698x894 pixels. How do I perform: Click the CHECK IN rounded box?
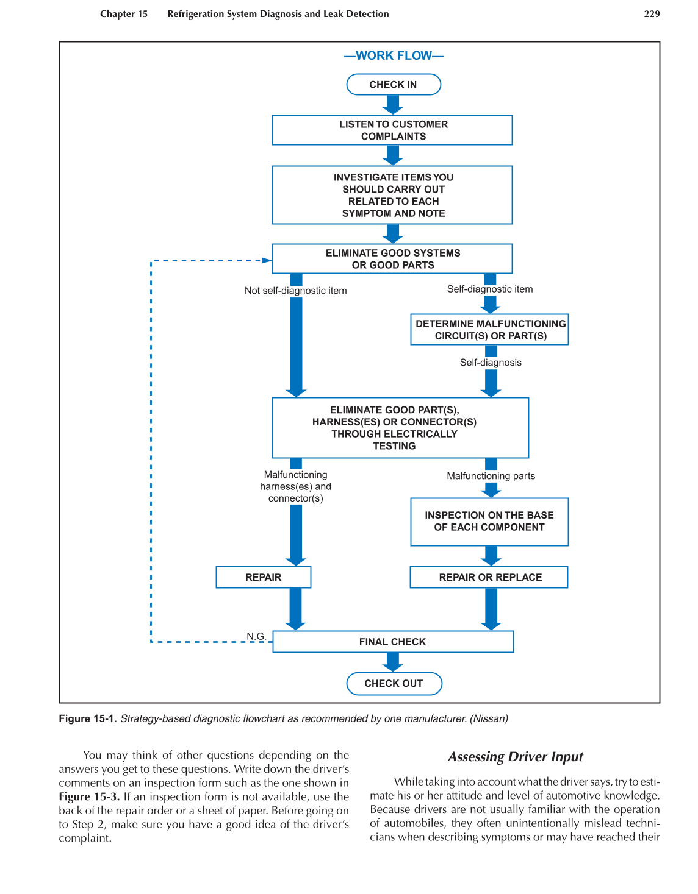click(x=394, y=85)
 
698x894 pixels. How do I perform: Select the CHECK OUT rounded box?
click(x=394, y=683)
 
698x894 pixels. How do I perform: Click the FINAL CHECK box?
click(x=392, y=642)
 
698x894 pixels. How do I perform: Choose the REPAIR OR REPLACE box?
click(x=489, y=577)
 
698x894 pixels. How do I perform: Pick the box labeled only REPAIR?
click(x=264, y=577)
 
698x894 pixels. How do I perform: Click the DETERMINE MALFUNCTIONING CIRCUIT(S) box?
click(x=490, y=330)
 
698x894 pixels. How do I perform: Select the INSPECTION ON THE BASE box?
click(x=489, y=522)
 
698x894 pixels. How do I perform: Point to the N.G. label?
click(x=256, y=636)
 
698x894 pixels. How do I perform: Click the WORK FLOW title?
click(x=394, y=55)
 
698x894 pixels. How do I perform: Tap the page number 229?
click(x=652, y=14)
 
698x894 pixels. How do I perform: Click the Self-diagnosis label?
click(x=491, y=363)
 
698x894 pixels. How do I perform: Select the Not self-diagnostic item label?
click(x=295, y=291)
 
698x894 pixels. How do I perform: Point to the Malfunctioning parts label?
click(x=491, y=476)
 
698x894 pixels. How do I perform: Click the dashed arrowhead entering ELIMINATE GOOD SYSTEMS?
click(x=267, y=260)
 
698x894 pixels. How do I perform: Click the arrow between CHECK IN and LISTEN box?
click(x=394, y=105)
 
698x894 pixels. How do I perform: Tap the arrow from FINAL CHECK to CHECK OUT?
click(x=394, y=662)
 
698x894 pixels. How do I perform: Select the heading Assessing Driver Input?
click(x=516, y=757)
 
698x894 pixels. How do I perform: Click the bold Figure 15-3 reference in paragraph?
click(x=89, y=796)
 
